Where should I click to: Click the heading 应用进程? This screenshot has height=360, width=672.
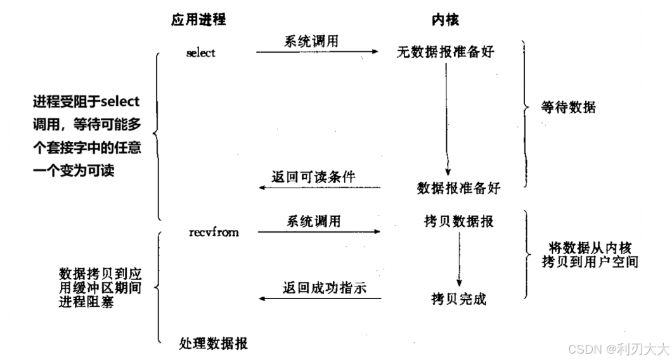click(x=198, y=20)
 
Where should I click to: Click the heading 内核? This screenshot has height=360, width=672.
click(x=441, y=20)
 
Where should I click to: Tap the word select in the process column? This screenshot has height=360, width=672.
click(x=201, y=53)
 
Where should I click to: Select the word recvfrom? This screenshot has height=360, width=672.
click(x=214, y=233)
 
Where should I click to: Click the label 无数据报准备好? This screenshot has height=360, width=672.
click(x=445, y=53)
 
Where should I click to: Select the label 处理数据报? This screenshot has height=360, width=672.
click(x=214, y=344)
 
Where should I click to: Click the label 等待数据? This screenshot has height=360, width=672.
click(x=569, y=107)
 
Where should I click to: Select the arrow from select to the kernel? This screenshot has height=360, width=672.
click(x=317, y=52)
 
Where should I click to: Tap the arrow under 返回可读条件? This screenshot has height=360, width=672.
click(x=320, y=188)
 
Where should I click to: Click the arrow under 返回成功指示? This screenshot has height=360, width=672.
click(x=320, y=297)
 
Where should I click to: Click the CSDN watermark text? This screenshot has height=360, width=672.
click(x=618, y=348)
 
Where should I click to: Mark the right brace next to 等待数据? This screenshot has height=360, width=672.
click(x=525, y=107)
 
